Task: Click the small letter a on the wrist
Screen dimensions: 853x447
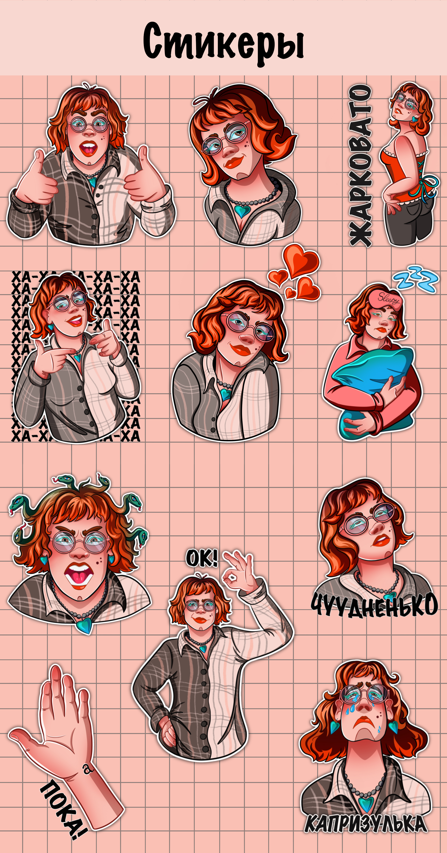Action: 87,769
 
